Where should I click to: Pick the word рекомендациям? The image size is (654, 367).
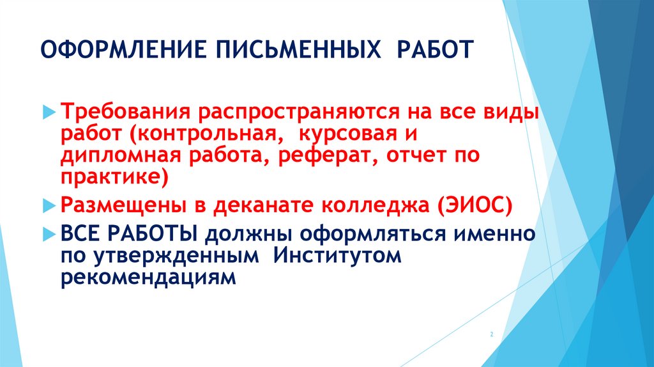tap(149, 277)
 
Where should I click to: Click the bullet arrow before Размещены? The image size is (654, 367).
tap(52, 206)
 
